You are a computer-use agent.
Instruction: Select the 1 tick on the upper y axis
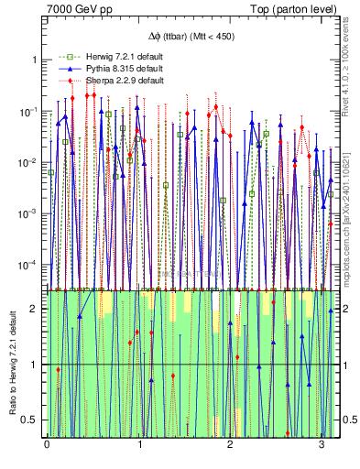coord(36,60)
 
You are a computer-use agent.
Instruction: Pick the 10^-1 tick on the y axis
coord(31,111)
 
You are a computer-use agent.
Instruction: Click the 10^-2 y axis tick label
coord(31,162)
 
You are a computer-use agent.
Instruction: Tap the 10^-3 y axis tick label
coord(31,213)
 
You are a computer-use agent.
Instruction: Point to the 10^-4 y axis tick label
coord(31,265)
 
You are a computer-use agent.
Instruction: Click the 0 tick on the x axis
coord(47,444)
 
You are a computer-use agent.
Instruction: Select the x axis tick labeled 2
coord(231,444)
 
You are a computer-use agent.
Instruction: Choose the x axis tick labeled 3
coord(322,444)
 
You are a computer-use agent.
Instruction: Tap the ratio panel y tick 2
coord(36,309)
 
